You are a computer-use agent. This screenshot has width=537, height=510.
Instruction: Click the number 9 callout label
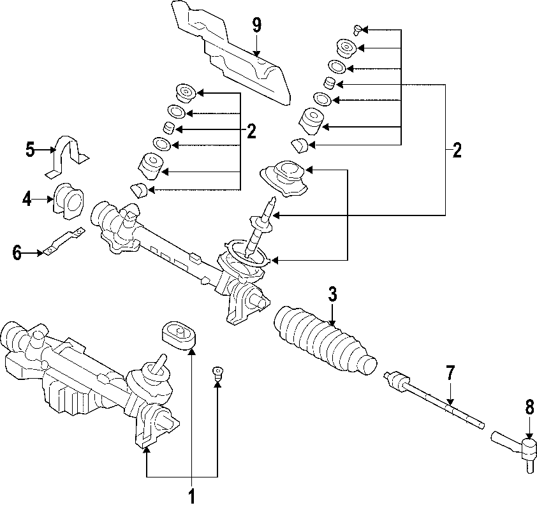pyautogui.click(x=256, y=25)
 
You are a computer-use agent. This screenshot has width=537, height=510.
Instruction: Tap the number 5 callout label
pyautogui.click(x=30, y=150)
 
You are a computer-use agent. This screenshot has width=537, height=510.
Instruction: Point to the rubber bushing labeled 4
pyautogui.click(x=70, y=201)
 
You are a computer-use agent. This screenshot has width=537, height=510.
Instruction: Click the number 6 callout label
pyautogui.click(x=17, y=254)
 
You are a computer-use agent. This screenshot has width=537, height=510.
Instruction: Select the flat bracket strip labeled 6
pyautogui.click(x=62, y=243)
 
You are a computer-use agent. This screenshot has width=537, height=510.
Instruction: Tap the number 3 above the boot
pyautogui.click(x=332, y=295)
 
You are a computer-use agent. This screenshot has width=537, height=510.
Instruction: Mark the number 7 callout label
pyautogui.click(x=450, y=372)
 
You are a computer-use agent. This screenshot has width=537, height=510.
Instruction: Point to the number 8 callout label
pyautogui.click(x=529, y=408)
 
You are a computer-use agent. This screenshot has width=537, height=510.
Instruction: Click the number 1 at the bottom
pyautogui.click(x=191, y=495)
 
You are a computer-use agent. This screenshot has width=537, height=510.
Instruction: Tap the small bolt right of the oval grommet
pyautogui.click(x=217, y=374)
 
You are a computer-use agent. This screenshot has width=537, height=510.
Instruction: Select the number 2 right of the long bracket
pyautogui.click(x=456, y=151)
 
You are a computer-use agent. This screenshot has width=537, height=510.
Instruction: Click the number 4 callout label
pyautogui.click(x=27, y=200)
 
